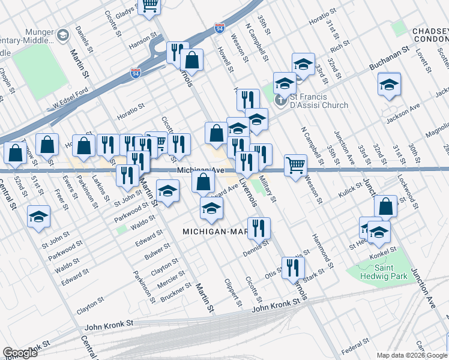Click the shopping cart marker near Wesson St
[295, 164]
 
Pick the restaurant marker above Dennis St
[259, 228]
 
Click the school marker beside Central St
[39, 217]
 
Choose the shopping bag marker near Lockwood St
[385, 206]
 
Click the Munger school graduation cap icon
[62, 36]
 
